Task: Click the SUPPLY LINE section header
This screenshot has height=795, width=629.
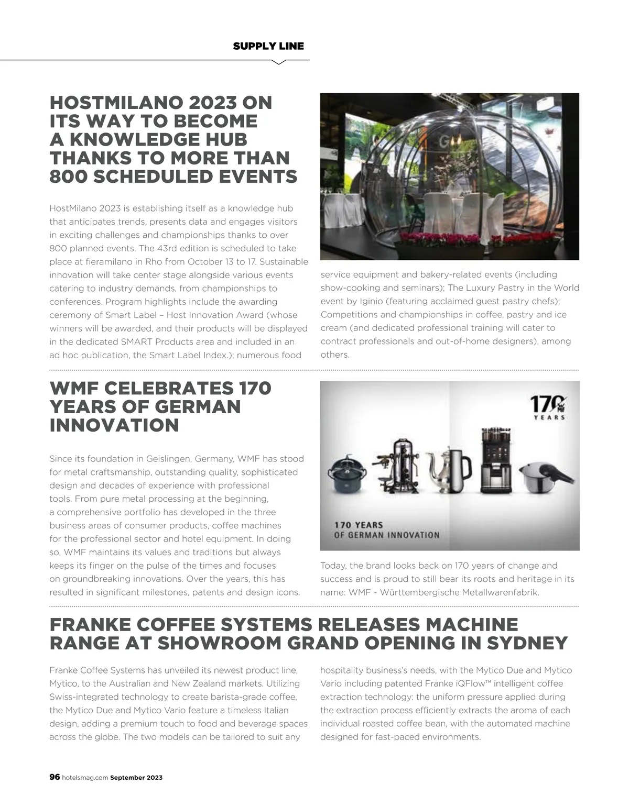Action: pyautogui.click(x=268, y=46)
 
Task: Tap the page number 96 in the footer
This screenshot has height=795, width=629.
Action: pyautogui.click(x=55, y=777)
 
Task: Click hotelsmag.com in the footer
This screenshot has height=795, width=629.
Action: pyautogui.click(x=85, y=778)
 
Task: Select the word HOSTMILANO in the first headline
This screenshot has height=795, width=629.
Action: pyautogui.click(x=110, y=103)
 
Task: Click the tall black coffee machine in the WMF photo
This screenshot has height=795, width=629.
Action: pyautogui.click(x=496, y=461)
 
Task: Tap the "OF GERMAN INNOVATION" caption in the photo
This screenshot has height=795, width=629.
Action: pyautogui.click(x=387, y=535)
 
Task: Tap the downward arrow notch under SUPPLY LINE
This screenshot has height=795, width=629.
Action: pyautogui.click(x=279, y=62)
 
